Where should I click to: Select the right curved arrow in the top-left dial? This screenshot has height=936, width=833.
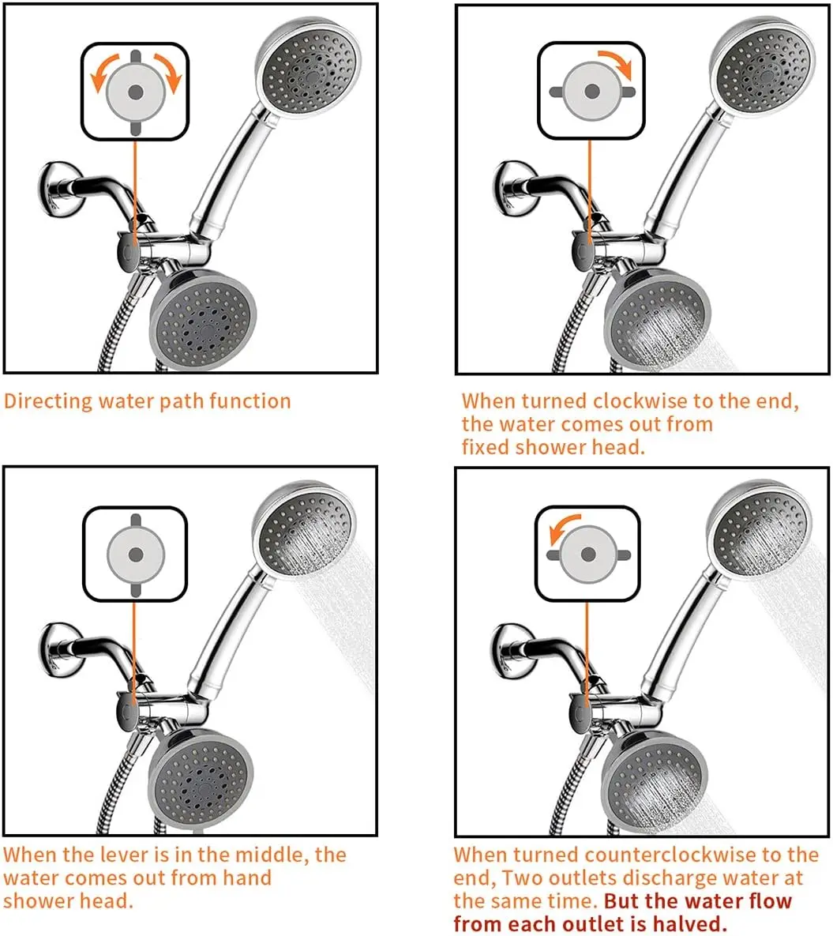[168, 73]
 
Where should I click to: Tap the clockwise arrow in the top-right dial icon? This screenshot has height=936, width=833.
[618, 63]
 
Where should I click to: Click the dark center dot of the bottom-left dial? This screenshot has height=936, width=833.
[136, 555]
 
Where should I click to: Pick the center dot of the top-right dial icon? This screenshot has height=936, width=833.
[592, 92]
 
